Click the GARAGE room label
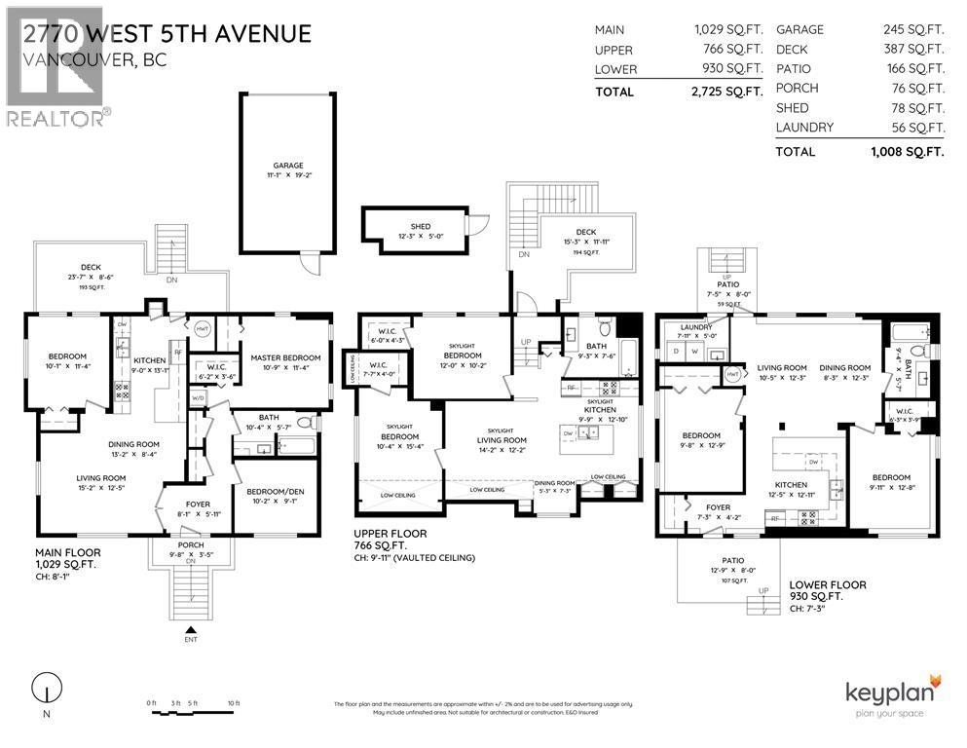[287, 166]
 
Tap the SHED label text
[420, 226]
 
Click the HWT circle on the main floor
[203, 329]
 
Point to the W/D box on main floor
[200, 396]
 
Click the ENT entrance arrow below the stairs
[191, 629]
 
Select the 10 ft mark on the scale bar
[233, 702]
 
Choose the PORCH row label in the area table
[797, 88]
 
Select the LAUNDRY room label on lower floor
[696, 327]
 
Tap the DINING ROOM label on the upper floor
[554, 483]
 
